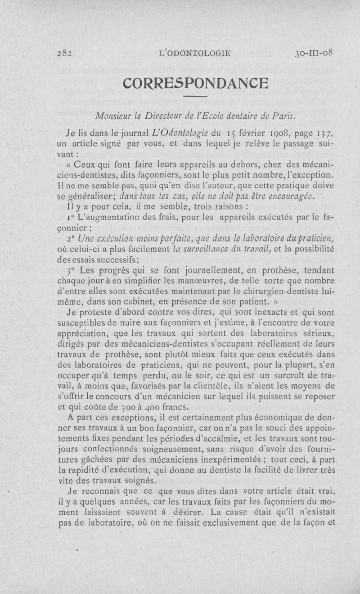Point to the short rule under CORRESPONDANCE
coord(195,97)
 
